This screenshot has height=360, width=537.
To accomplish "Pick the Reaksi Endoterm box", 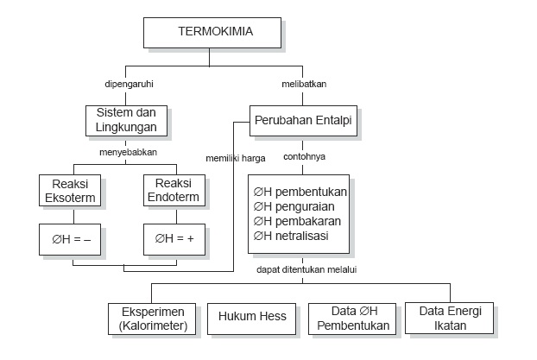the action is [x=176, y=190].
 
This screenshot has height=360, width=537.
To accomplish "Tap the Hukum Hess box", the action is [x=250, y=317].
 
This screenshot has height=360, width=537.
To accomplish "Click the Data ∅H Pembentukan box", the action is [x=353, y=317].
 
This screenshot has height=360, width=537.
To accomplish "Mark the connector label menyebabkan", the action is [x=126, y=151].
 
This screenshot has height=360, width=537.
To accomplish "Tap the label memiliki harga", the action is [x=235, y=158].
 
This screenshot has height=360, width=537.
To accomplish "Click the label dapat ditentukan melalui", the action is [x=306, y=269].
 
